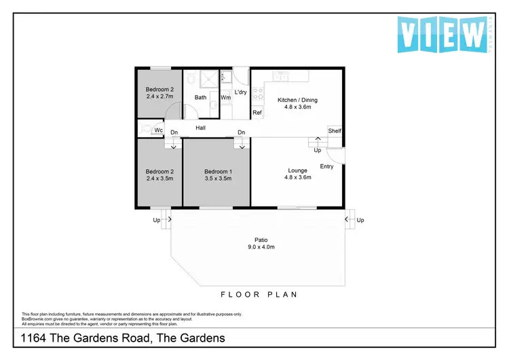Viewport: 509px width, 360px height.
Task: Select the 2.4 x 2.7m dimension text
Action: [x=159, y=96]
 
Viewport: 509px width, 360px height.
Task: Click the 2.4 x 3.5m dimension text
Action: [x=159, y=179]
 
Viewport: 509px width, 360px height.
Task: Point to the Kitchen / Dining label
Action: [x=297, y=100]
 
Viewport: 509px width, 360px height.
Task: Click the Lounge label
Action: [x=297, y=170]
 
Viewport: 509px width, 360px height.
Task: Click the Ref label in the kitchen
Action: [x=257, y=113]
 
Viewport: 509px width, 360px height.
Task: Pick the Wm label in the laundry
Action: [x=226, y=98]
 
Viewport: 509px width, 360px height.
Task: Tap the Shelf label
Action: [x=335, y=131]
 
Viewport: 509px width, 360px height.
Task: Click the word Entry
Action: [x=326, y=166]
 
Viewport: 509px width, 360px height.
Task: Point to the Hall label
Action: [x=201, y=128]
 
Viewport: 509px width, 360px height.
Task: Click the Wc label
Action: [x=158, y=130]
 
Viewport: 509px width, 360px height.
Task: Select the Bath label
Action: [x=201, y=98]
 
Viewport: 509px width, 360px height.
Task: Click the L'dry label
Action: [x=240, y=92]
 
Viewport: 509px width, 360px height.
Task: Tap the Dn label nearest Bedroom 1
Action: [x=241, y=132]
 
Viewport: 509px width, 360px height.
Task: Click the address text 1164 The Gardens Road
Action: [x=122, y=338]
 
